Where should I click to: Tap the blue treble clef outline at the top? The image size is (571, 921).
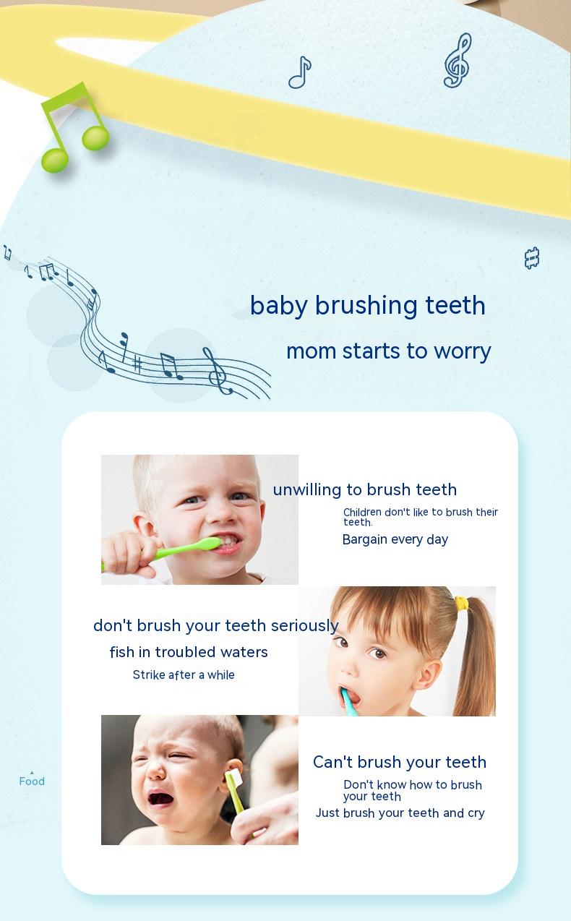tap(458, 61)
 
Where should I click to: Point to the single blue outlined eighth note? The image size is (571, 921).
tap(300, 72)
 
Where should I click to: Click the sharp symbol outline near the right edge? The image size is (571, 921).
tap(532, 258)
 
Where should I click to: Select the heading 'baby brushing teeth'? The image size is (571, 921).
tap(367, 306)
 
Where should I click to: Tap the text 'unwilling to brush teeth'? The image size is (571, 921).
tap(364, 489)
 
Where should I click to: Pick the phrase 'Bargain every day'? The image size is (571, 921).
tap(395, 539)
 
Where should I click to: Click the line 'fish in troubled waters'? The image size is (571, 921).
tap(189, 652)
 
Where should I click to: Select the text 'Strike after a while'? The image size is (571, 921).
tap(184, 674)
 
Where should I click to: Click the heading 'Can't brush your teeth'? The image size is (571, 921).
tap(400, 762)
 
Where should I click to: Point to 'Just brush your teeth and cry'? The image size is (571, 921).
tap(400, 813)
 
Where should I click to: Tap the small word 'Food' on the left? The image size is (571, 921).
tap(32, 781)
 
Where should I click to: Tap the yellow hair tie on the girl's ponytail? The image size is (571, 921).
tap(463, 604)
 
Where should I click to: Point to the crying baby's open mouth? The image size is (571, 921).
tap(160, 799)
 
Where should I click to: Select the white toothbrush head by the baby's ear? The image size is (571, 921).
tap(234, 779)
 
